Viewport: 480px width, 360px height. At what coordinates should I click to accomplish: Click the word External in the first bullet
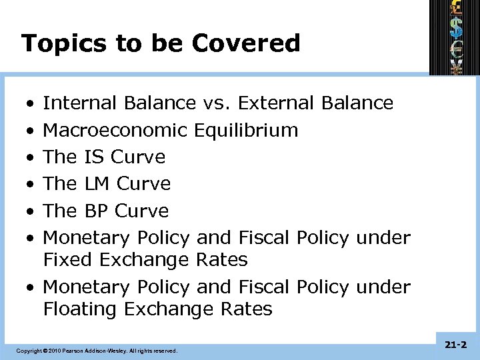click(276, 103)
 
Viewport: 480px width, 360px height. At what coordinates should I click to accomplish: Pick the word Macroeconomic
click(115, 130)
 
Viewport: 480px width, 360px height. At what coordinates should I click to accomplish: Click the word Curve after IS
click(137, 157)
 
